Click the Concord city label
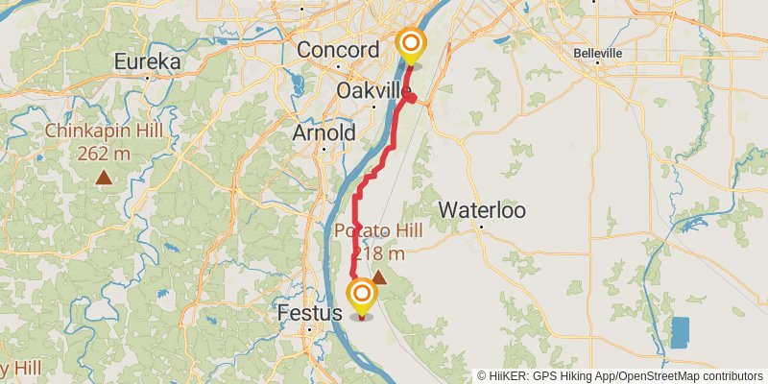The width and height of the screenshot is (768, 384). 338,50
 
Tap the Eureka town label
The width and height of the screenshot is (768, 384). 147,62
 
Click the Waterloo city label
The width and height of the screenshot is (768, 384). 481,210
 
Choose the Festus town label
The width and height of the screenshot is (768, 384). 309,314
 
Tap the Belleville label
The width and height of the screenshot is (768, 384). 598,53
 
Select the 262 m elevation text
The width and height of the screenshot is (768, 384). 102,155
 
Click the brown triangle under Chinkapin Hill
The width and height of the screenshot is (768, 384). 103,177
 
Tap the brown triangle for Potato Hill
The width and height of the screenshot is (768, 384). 378,277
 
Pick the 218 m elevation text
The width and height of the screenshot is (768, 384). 377,253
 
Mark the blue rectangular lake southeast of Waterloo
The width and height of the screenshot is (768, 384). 680,332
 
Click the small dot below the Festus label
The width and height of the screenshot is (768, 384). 310,330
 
